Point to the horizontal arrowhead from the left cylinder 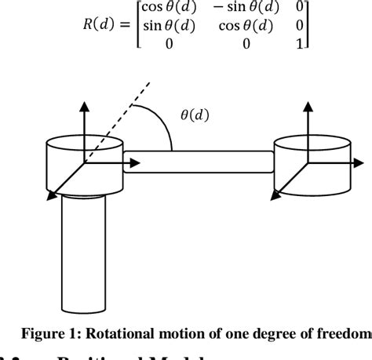click(137, 164)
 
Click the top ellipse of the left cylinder click(84, 145)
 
